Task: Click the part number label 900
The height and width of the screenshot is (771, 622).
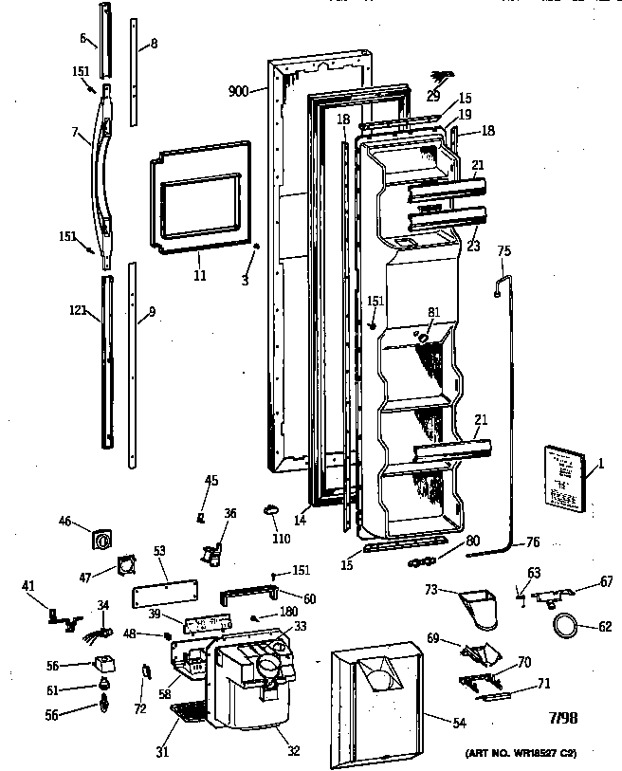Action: point(238,91)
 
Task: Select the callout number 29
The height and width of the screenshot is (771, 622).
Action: point(432,96)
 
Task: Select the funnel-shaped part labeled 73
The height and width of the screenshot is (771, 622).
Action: point(479,606)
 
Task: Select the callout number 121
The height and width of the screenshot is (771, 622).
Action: point(78,309)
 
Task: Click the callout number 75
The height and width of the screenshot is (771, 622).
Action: point(503,251)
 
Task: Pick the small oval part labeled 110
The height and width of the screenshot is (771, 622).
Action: point(271,513)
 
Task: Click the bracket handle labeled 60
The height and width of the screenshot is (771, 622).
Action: point(247,597)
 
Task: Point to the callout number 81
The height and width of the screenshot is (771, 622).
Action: point(433,312)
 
